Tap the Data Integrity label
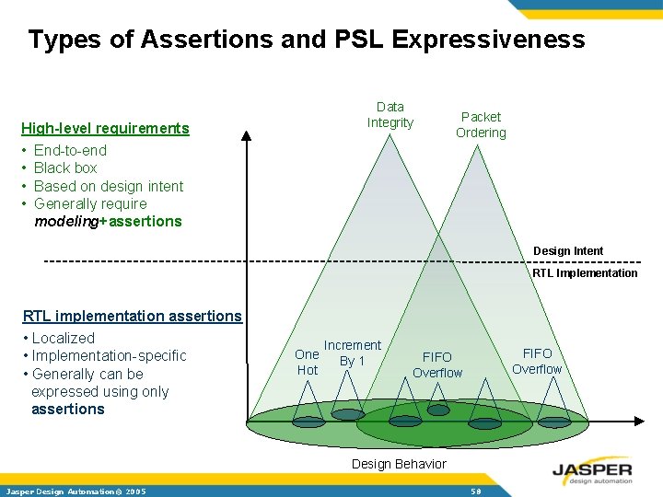tap(390, 115)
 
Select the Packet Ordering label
tap(481, 124)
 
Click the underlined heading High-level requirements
tap(105, 128)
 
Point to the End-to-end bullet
tap(70, 150)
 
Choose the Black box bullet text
tap(65, 168)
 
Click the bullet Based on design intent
tap(109, 186)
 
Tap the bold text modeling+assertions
tap(108, 221)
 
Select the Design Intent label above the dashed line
tap(568, 251)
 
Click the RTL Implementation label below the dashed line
tap(585, 272)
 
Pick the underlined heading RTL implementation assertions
tap(132, 316)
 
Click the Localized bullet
tap(63, 338)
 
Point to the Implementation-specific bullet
tap(109, 355)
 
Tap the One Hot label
tap(307, 362)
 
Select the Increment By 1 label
tap(352, 353)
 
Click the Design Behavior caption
tap(399, 464)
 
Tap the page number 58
tap(476, 491)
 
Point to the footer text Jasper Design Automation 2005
tap(76, 491)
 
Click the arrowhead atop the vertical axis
tap(246, 136)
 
